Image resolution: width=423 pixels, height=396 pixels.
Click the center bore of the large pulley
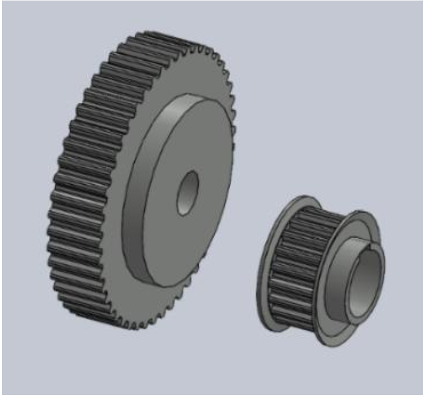point(188,192)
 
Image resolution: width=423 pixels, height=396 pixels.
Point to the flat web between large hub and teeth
point(208,78)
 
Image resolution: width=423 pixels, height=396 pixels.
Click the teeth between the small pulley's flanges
point(296,260)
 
